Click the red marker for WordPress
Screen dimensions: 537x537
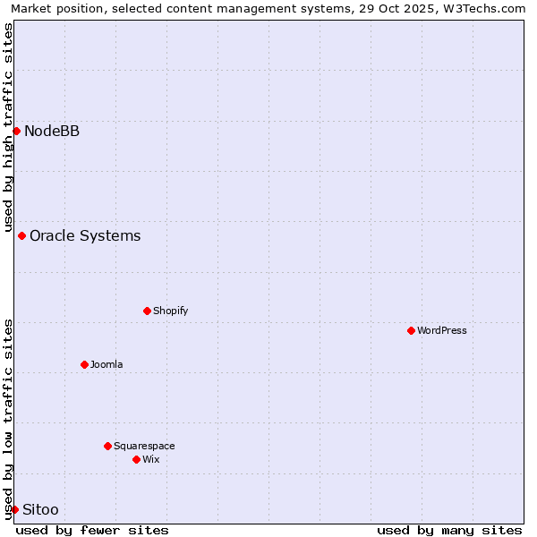pos(411,330)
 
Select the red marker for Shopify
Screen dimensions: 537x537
pos(147,311)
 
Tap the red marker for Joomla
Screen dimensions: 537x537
pos(84,364)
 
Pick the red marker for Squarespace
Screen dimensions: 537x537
pos(107,446)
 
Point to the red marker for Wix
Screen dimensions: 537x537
pos(136,459)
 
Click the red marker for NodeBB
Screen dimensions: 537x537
pos(16,131)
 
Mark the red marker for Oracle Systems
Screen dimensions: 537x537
pos(21,235)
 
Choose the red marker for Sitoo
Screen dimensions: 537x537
pos(14,509)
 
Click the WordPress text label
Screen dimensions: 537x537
pos(442,330)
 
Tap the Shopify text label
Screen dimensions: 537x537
pos(170,311)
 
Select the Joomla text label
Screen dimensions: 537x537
pos(107,364)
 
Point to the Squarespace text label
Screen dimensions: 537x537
pos(144,446)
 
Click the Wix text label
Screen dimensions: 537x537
pos(150,459)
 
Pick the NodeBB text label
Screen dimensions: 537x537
pos(52,131)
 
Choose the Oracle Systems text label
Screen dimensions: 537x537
pos(85,235)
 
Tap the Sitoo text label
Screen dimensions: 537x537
pos(40,509)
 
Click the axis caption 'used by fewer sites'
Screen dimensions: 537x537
pos(92,530)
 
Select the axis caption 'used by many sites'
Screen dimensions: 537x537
pos(449,530)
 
